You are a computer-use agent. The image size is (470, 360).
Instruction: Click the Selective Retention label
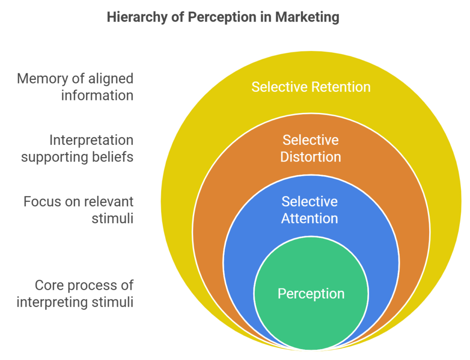coord(311,87)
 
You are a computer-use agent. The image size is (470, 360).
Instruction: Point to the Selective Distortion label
coord(311,148)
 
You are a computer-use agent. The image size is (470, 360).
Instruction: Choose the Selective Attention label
coord(310,210)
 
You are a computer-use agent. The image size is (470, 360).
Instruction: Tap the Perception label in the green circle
coord(311,294)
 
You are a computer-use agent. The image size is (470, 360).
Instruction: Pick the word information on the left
coord(97,95)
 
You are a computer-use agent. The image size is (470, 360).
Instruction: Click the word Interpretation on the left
coord(91,140)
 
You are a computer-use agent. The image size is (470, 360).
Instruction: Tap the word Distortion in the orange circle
coord(311,157)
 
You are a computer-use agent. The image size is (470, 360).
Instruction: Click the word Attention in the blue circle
coord(310,218)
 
